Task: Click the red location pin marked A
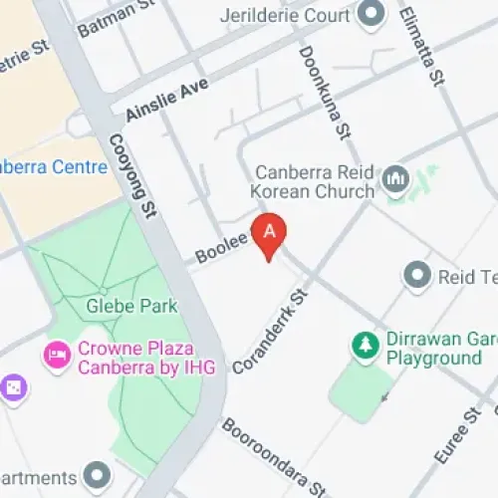(x=269, y=231)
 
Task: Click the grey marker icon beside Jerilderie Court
(x=372, y=13)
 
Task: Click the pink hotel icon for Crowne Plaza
(x=55, y=354)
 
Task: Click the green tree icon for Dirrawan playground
(x=365, y=346)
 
